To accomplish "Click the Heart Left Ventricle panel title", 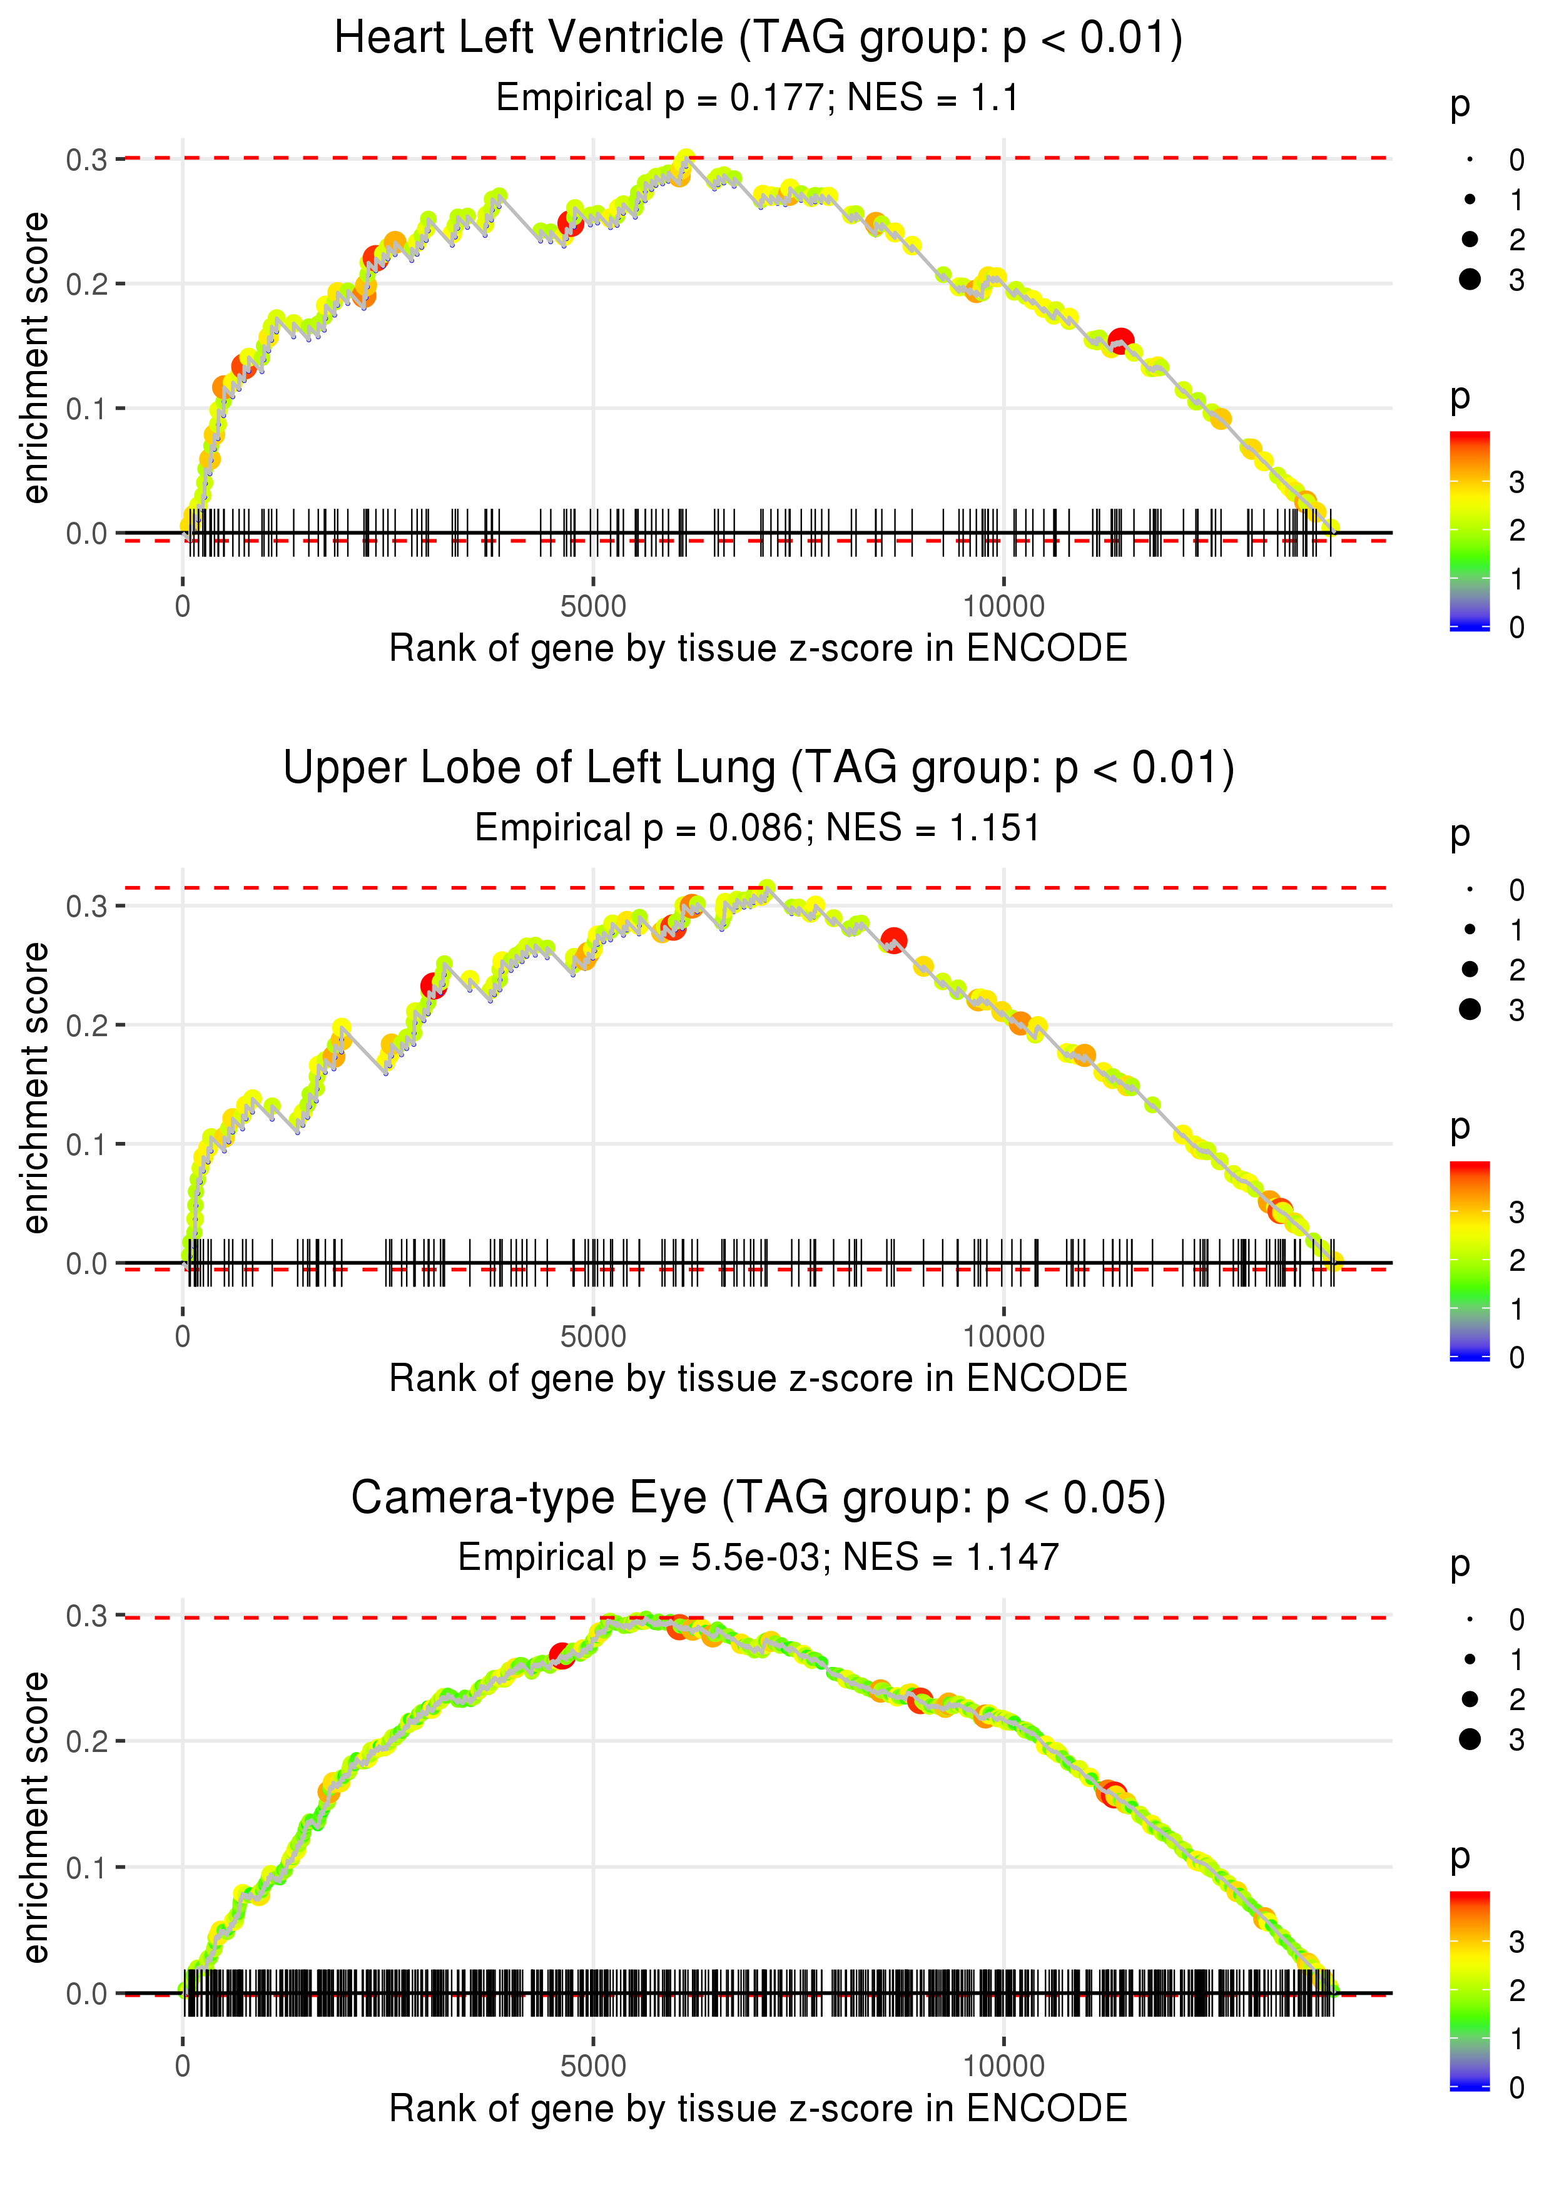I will coord(758,39).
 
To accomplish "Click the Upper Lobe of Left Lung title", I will coord(758,768).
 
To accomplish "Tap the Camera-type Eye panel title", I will coord(758,1499).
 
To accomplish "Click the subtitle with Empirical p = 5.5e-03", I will coord(758,1557).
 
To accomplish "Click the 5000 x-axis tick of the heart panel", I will coord(593,607).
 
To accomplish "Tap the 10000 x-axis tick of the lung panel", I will coord(1003,1337).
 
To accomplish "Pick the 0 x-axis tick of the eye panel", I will coord(183,2067).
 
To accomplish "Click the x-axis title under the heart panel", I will coord(758,649).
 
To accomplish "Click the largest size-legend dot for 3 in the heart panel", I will coord(1470,279).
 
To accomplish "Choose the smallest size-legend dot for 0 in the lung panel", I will coord(1470,890).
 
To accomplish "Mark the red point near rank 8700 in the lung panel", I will coord(894,940).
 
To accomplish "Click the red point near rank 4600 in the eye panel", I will coord(561,1654).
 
